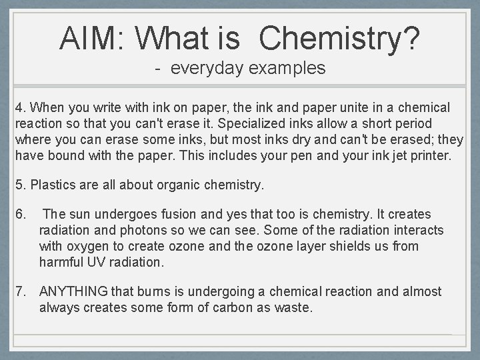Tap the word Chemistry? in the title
[x=340, y=38]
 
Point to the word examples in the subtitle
[x=292, y=68]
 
